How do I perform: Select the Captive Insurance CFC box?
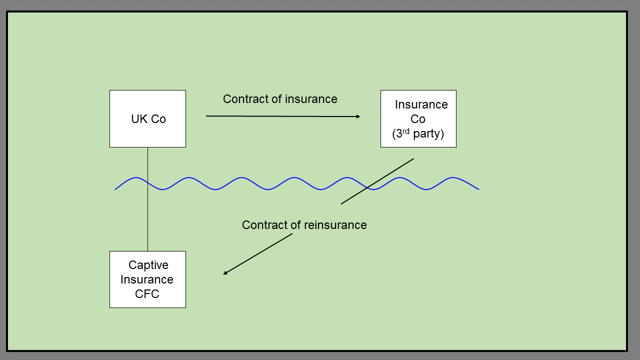(x=147, y=279)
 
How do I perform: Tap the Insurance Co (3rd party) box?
(x=418, y=118)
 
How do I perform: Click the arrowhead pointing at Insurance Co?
(x=358, y=116)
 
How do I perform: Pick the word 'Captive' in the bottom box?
(x=148, y=265)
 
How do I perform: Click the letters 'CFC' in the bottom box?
(x=147, y=294)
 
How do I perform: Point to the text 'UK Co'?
(x=148, y=119)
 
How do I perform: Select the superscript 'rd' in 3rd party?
(x=405, y=131)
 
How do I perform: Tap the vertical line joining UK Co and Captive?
(x=147, y=220)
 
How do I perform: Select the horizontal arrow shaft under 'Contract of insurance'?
(x=280, y=116)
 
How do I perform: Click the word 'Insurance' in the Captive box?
(x=146, y=279)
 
